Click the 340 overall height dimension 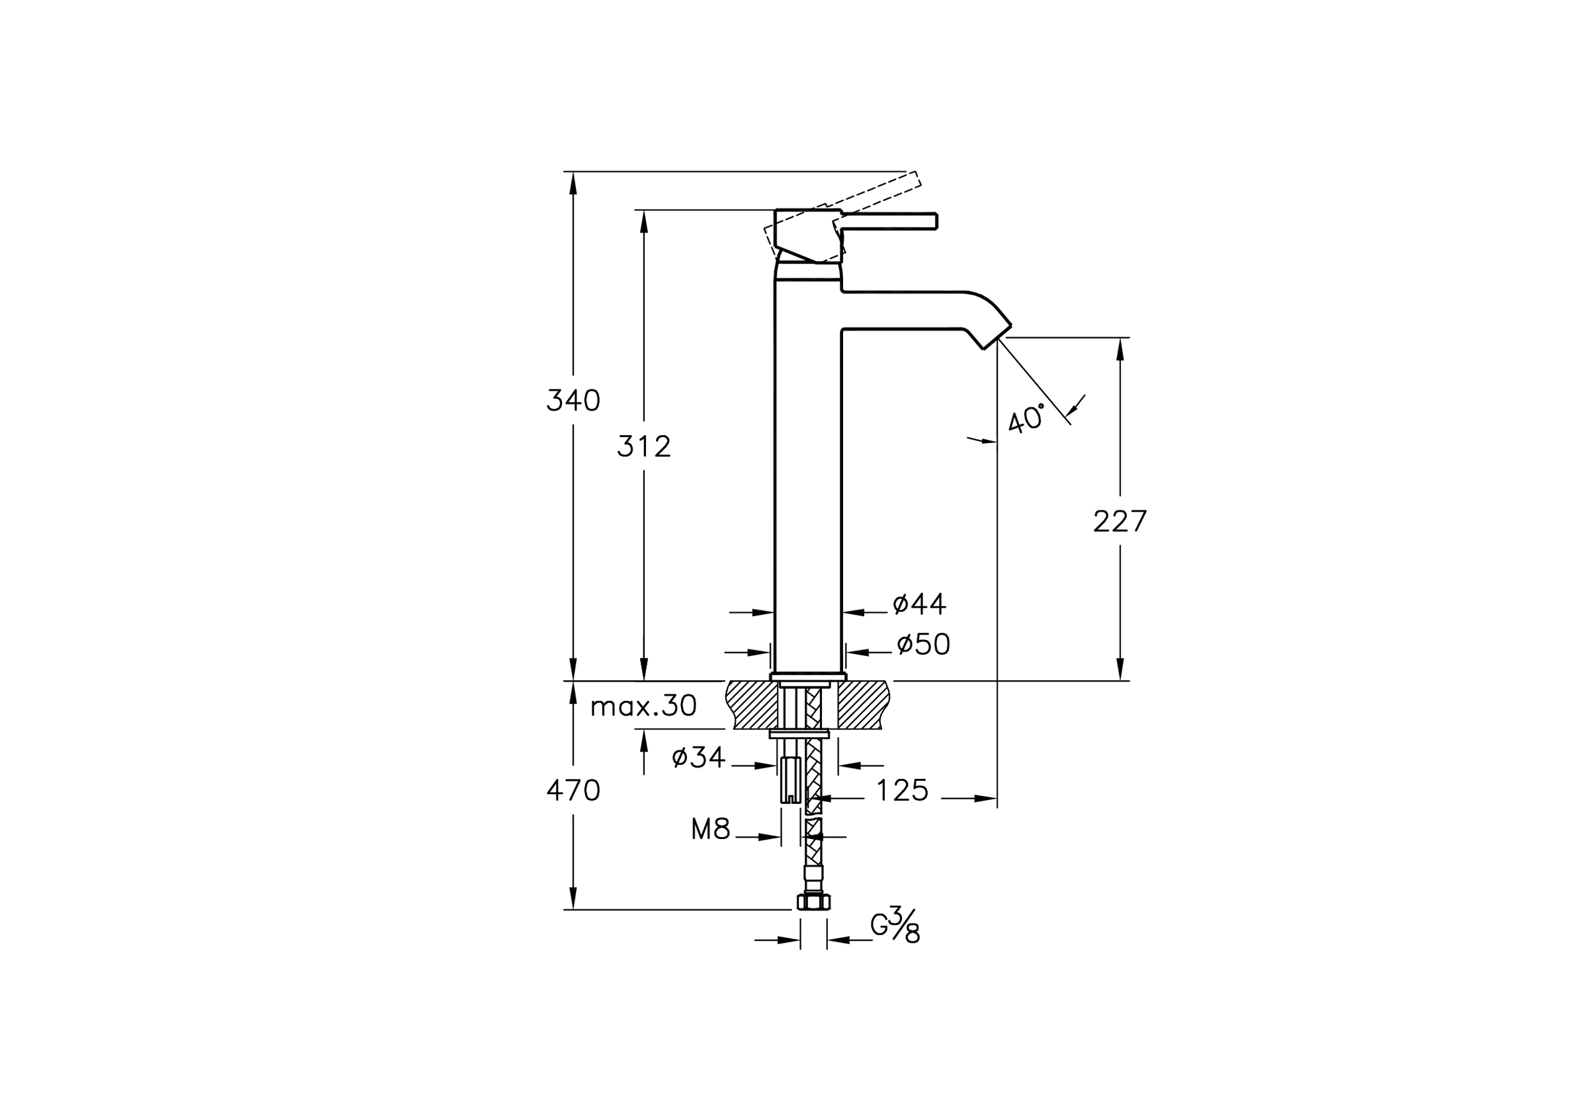(573, 401)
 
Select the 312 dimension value (643, 447)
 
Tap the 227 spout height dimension (1119, 521)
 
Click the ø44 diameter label (918, 604)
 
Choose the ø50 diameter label (924, 644)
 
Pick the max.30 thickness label (643, 706)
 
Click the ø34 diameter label (698, 757)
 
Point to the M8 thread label (711, 829)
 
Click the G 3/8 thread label (895, 924)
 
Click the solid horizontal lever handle (887, 221)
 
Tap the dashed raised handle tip (913, 180)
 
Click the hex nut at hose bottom (813, 901)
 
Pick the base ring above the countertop (808, 676)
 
